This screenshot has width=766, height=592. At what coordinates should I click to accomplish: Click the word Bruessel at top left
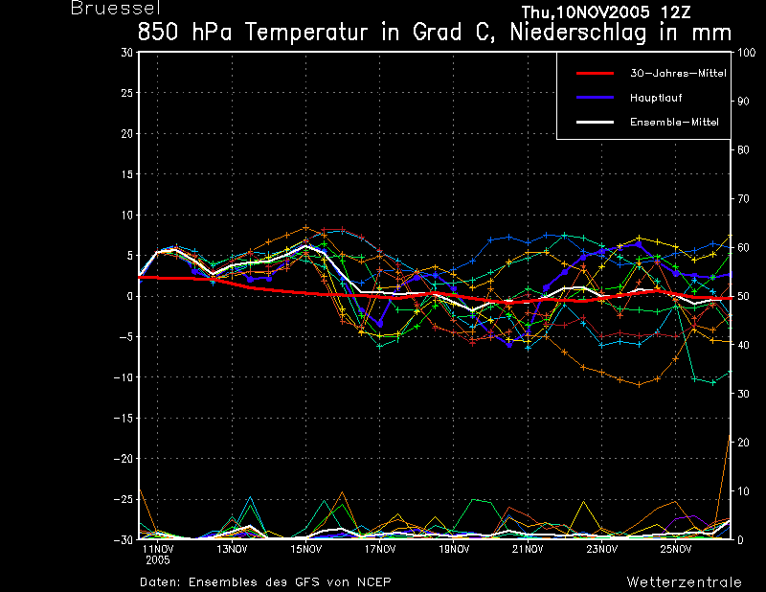tap(116, 8)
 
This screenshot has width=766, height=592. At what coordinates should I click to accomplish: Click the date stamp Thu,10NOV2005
tap(586, 11)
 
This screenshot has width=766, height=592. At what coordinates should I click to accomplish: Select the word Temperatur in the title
tap(306, 33)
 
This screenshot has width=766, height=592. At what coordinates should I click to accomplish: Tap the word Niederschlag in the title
tap(578, 33)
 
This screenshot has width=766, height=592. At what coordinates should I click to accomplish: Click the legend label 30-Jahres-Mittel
tap(678, 74)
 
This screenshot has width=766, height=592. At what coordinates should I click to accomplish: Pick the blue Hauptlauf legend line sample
tap(595, 98)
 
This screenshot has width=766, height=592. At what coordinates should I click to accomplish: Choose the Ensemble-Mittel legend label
tap(674, 122)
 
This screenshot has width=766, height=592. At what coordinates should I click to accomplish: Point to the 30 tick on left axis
tap(127, 53)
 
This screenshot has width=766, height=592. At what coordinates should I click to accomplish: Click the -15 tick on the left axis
tap(124, 418)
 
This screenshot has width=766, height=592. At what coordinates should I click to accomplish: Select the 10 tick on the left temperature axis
tap(127, 216)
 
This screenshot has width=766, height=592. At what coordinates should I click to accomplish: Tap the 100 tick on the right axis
tap(747, 53)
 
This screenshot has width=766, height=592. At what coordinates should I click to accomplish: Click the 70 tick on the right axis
tap(743, 198)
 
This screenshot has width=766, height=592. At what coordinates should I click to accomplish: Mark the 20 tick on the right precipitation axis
tap(743, 443)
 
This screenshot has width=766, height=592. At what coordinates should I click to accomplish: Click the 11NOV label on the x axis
tap(157, 549)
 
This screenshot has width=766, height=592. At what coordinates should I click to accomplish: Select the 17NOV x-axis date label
tap(380, 549)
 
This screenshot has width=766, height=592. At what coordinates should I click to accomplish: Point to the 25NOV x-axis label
tap(676, 549)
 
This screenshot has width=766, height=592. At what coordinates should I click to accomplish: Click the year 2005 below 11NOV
tap(157, 560)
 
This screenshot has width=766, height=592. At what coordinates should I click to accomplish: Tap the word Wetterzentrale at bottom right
tap(684, 581)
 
